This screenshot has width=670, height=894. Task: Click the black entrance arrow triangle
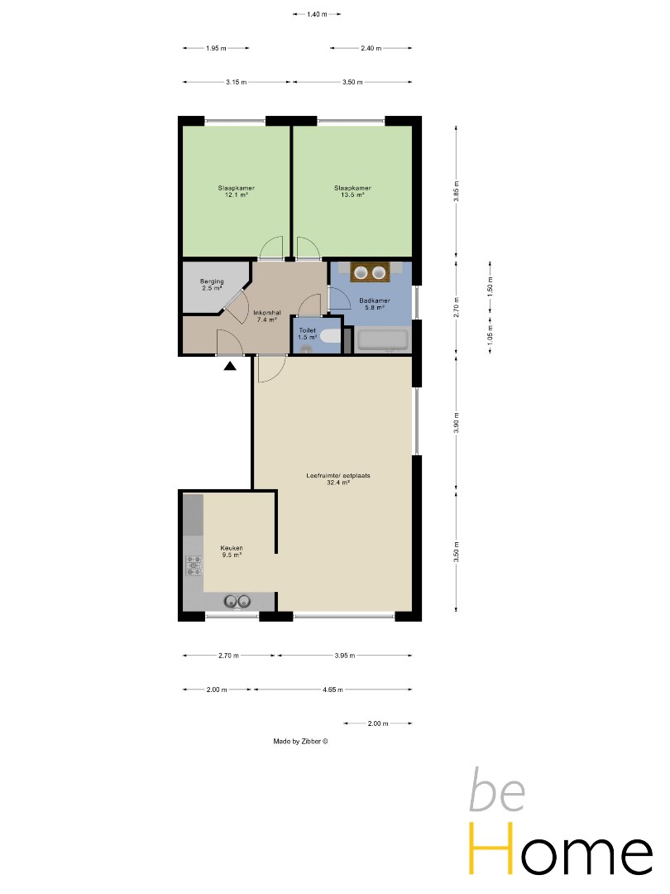(x=230, y=366)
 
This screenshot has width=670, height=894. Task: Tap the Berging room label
(x=212, y=285)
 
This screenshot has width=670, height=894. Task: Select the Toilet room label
(x=307, y=334)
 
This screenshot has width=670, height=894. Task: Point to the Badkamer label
(x=375, y=303)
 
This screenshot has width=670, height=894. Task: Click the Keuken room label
(x=232, y=550)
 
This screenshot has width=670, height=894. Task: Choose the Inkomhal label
(x=266, y=316)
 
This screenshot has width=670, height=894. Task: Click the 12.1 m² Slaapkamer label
(x=236, y=191)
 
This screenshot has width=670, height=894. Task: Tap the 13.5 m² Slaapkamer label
(x=352, y=191)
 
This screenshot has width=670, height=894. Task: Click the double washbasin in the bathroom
(x=370, y=273)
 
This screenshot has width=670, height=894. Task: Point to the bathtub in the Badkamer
(x=382, y=340)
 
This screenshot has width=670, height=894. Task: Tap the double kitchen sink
(x=237, y=601)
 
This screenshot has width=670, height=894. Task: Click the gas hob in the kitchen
(x=194, y=565)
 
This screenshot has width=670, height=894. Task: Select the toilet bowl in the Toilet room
(x=330, y=335)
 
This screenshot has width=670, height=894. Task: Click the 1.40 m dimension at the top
(x=317, y=14)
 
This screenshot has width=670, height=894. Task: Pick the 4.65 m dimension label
(x=333, y=690)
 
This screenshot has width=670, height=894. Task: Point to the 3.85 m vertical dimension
(x=456, y=191)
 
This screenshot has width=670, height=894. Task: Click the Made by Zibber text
(x=300, y=741)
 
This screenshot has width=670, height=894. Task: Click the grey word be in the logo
(x=497, y=791)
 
